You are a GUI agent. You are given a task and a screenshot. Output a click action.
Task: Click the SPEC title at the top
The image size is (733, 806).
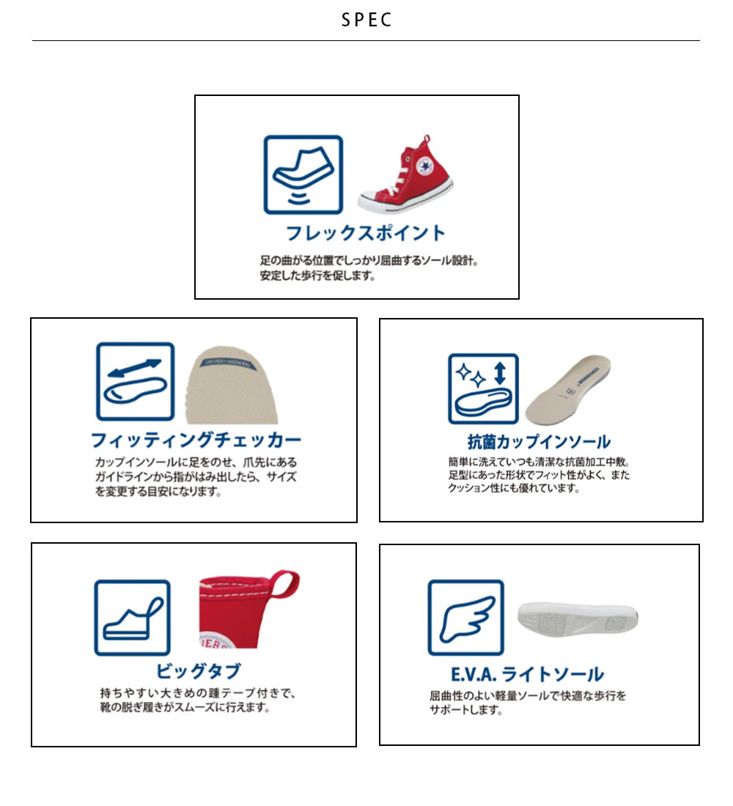click(366, 20)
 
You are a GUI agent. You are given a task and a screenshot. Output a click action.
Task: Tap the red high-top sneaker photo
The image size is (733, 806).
click(406, 174)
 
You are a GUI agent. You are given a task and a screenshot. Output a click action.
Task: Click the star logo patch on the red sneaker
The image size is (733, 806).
click(425, 166)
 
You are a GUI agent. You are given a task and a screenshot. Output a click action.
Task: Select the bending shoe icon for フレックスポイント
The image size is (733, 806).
click(303, 175)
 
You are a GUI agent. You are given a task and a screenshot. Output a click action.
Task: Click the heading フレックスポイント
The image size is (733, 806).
click(365, 233)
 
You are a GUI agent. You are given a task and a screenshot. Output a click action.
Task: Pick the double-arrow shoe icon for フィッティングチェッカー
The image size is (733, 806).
click(136, 382)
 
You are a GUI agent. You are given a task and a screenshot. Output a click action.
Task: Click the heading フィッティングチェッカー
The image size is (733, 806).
click(196, 440)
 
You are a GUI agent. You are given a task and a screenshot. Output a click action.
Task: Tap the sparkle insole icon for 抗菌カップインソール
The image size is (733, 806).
click(483, 388)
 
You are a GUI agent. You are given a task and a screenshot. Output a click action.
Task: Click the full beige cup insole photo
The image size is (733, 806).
click(568, 389)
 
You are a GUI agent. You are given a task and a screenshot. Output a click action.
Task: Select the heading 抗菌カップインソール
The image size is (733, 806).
click(539, 442)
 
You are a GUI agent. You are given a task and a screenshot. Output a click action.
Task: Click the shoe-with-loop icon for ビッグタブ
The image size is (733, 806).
click(132, 618)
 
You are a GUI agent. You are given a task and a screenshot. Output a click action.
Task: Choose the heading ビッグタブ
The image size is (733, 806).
click(198, 670)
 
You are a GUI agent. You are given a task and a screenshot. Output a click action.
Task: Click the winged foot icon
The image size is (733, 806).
click(466, 618)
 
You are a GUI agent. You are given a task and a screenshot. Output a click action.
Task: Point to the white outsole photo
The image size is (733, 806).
click(578, 618)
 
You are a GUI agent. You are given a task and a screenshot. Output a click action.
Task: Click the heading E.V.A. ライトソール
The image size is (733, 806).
click(527, 674)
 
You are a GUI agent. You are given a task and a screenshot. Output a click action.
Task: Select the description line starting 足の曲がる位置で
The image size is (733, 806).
click(369, 261)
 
